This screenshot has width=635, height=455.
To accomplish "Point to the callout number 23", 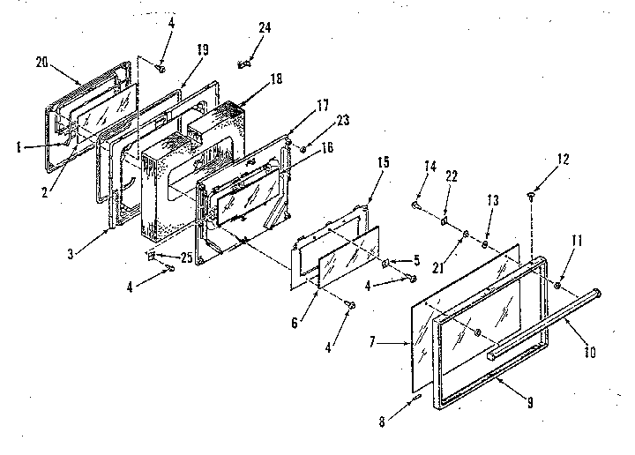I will [x=317, y=123].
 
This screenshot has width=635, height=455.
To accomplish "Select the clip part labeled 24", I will [x=246, y=63].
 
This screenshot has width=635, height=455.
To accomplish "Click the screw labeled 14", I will [x=415, y=205].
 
